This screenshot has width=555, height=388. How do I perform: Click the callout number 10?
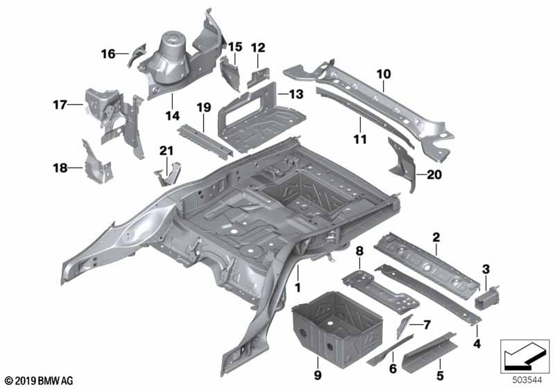tap(384, 73)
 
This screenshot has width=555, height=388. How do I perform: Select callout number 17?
tap(59, 105)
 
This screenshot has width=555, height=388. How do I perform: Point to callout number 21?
tap(164, 151)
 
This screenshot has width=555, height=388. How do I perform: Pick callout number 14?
tap(169, 114)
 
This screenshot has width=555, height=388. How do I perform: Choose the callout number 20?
tap(434, 175)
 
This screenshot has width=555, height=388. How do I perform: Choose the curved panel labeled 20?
tap(403, 166)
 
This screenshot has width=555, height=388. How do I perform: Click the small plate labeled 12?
tap(257, 75)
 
